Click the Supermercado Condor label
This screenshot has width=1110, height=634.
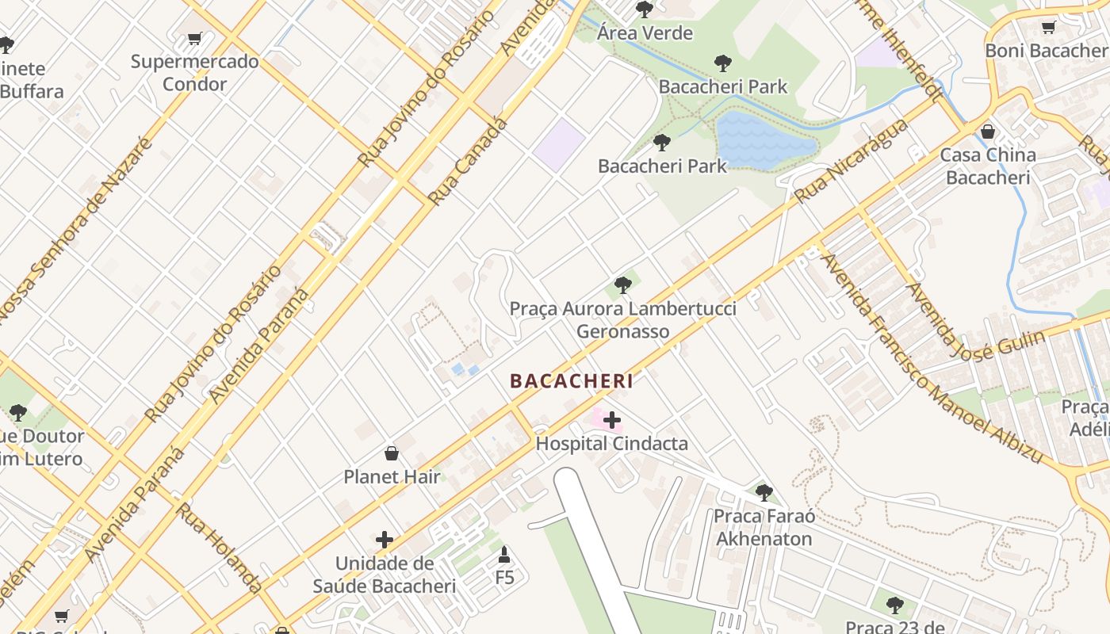[x=194, y=73]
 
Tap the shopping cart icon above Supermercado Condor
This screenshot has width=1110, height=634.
[x=195, y=38]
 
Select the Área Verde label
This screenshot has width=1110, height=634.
[x=645, y=33]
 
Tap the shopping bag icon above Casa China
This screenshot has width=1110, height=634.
[x=988, y=132]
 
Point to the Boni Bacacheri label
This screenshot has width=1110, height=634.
[x=1046, y=51]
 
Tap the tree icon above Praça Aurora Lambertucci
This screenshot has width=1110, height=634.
[x=623, y=285]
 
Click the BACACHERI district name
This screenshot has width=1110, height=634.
[x=572, y=381]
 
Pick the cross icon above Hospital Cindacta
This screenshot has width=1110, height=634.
[x=612, y=419]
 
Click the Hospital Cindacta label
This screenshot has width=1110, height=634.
[x=611, y=444]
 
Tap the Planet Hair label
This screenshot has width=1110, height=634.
[x=392, y=477]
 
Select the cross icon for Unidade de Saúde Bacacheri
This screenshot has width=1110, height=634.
[x=385, y=540]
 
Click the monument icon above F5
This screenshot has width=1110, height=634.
[x=504, y=554]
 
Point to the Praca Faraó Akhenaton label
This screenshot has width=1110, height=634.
[x=763, y=528]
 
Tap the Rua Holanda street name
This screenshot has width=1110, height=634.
[x=218, y=547]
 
